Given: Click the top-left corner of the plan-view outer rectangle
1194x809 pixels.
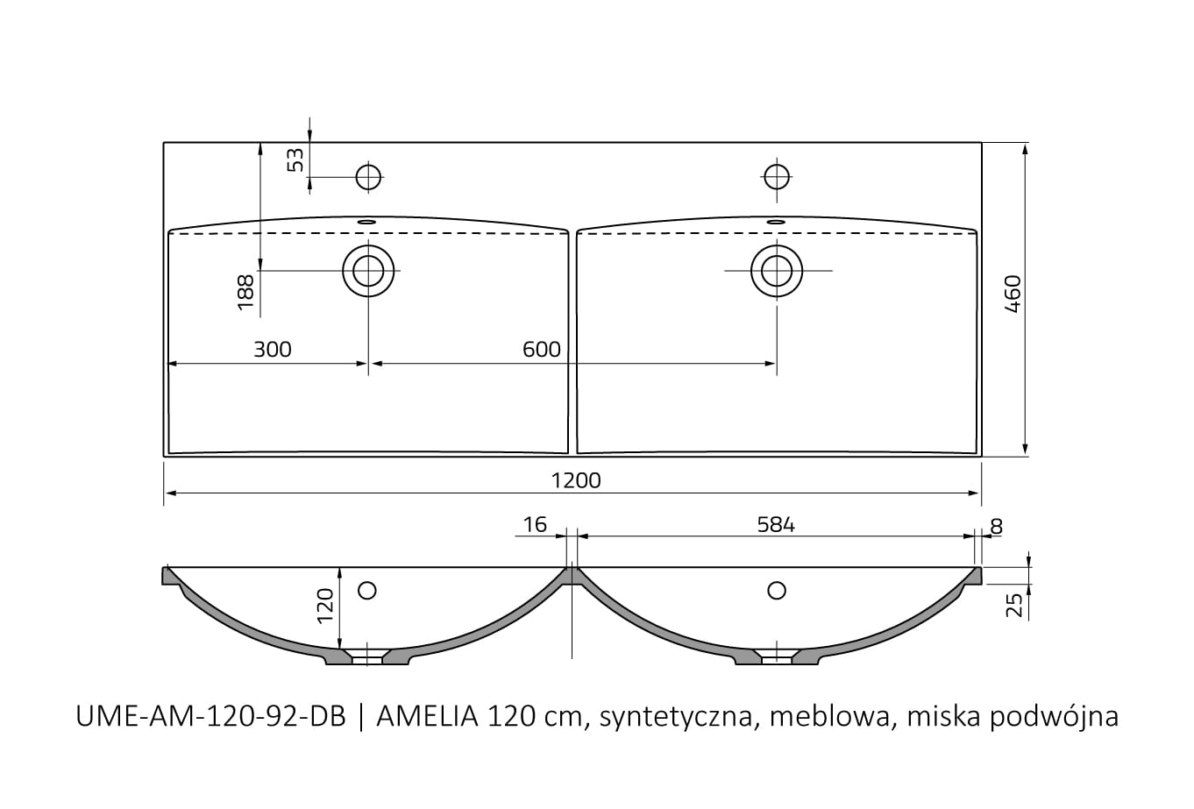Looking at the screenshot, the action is coord(164,142).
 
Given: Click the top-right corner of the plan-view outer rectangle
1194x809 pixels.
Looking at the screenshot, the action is coord(981,142).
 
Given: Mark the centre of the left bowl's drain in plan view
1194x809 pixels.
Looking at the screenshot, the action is coord(368,271).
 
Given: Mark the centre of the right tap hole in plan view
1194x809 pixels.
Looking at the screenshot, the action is coord(777,177).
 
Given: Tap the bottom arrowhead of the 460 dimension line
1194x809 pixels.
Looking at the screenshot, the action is coord(1025,451).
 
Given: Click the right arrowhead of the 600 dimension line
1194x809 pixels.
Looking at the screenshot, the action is coord(771,364).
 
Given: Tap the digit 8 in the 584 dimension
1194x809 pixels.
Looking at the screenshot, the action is coord(776,525).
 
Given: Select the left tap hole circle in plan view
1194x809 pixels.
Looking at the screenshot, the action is coord(368,177).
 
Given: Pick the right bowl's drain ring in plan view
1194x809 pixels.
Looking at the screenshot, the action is coord(777,271).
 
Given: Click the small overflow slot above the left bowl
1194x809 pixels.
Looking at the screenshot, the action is coord(366,222).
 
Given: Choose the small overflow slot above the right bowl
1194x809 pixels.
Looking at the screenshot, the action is coord(776,222).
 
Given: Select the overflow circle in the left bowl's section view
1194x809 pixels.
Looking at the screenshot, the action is coord(367,591).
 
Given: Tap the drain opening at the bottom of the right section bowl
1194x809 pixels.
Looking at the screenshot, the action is coord(777,660).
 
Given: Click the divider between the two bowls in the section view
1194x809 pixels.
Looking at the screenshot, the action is coord(572,576).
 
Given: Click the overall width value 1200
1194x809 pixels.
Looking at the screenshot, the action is coord(576,480).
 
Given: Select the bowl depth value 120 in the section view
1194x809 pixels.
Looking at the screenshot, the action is coord(325,606).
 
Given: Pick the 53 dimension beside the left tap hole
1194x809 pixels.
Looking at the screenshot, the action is coord(295,160).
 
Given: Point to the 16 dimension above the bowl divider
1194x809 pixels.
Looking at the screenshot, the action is coord(535,525).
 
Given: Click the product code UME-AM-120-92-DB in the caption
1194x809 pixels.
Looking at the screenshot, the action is coord(211,717).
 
